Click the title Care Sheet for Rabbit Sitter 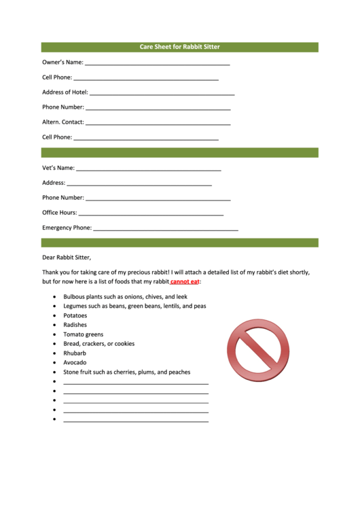tap(179, 47)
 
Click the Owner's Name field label tap(62, 63)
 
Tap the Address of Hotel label tap(65, 92)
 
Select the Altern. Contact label tap(63, 122)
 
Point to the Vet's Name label tap(58, 168)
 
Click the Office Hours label tap(60, 213)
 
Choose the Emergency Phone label tap(67, 228)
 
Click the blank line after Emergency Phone tap(165, 230)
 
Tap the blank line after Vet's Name tap(149, 169)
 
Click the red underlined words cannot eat tap(184, 281)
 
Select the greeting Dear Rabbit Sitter tap(66, 257)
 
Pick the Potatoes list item tap(75, 315)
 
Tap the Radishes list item tap(75, 325)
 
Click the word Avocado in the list tap(75, 362)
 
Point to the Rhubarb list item tap(75, 353)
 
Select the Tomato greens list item tap(84, 334)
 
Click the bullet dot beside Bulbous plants tap(54, 297)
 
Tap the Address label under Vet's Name tap(54, 183)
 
